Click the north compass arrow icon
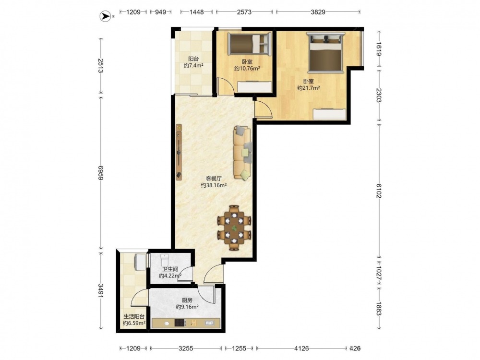[105, 16]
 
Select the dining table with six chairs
[234, 228]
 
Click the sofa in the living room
[242, 153]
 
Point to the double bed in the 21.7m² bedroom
[326, 52]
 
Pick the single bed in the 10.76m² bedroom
[250, 44]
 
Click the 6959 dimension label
[101, 173]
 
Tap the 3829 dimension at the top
[318, 12]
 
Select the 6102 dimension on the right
[379, 191]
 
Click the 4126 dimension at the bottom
[301, 348]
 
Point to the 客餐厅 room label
[214, 179]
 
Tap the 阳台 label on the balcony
[193, 59]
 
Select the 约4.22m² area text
[170, 276]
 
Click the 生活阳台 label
[134, 316]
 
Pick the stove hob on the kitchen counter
[180, 323]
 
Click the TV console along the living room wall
[179, 151]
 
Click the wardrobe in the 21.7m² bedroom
[329, 114]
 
